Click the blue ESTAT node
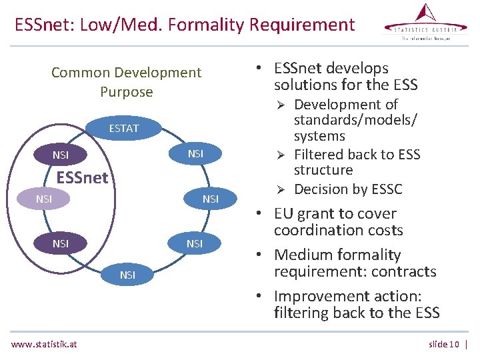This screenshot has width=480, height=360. click(x=124, y=128)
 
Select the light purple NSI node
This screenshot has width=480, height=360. click(x=44, y=199)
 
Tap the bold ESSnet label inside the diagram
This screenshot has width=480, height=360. click(x=82, y=178)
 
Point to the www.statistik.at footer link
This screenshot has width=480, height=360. click(x=44, y=344)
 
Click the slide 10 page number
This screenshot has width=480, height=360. click(x=444, y=344)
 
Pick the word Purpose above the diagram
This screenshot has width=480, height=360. click(x=127, y=92)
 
